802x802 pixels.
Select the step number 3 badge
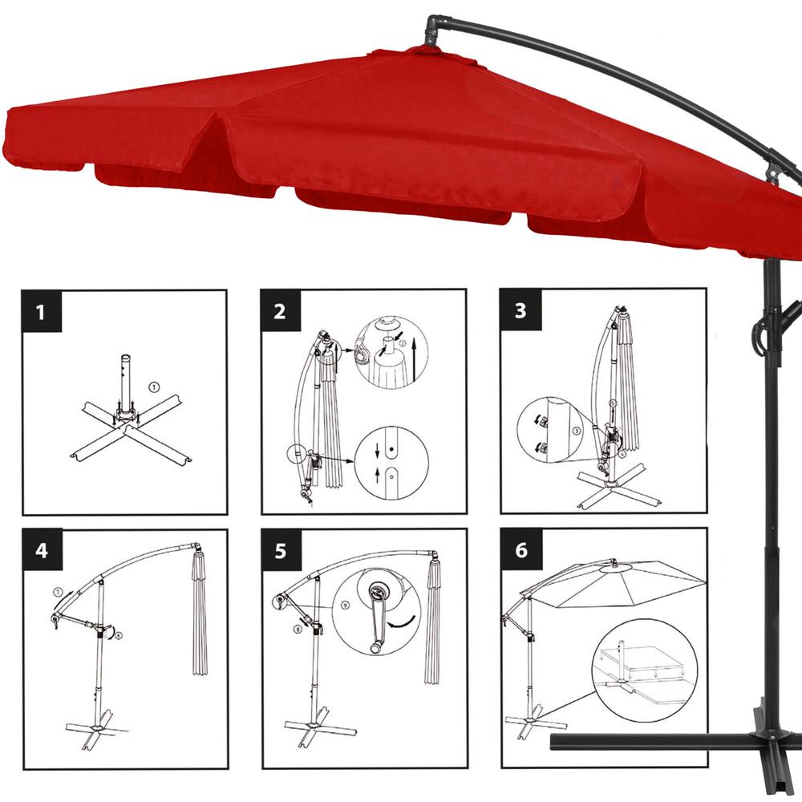[520, 310]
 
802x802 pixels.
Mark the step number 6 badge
[520, 549]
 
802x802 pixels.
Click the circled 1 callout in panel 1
[153, 387]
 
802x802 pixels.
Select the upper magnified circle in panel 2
[391, 352]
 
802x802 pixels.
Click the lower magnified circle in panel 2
[391, 463]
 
